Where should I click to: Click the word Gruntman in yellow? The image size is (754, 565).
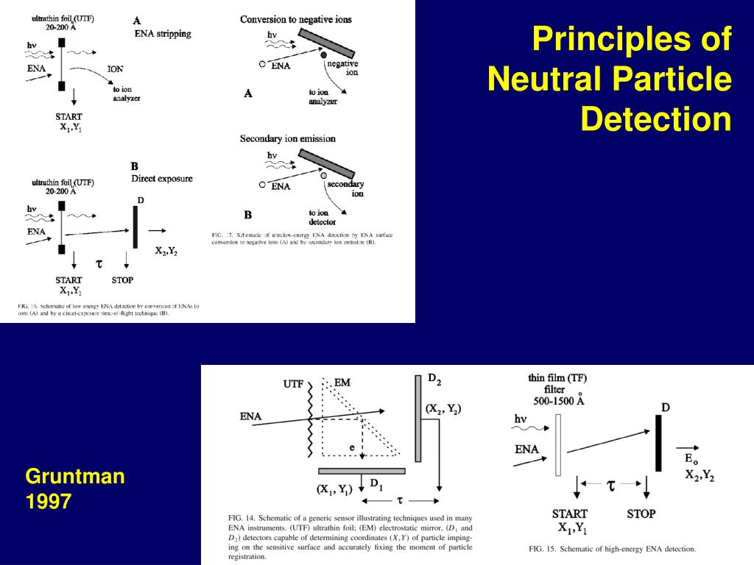tap(75, 477)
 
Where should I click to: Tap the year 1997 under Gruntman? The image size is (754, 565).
tap(49, 502)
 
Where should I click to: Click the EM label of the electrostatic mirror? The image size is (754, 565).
tap(342, 383)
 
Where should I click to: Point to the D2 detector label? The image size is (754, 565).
tap(434, 380)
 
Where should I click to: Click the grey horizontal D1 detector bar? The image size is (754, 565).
tap(362, 471)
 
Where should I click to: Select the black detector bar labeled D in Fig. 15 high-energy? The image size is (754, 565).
tap(658, 442)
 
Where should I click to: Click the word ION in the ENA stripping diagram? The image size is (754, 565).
tap(116, 69)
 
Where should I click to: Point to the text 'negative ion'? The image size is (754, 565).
tap(342, 68)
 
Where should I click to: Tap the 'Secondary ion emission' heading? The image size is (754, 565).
tap(287, 138)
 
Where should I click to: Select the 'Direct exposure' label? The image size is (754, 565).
tap(161, 178)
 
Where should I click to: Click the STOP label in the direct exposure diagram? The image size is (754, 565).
tap(122, 280)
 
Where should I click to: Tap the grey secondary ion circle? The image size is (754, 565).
tap(323, 177)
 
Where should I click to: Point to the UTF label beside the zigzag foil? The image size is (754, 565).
tap(293, 384)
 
